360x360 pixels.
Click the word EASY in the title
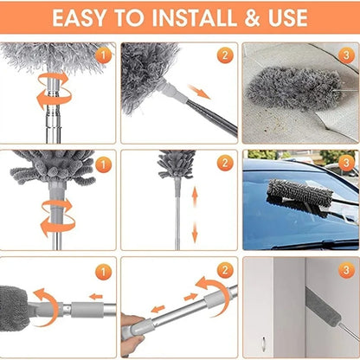point(85,17)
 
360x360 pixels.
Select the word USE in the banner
point(280,17)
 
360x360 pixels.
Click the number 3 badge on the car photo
point(344,163)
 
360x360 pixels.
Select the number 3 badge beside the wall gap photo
point(344,270)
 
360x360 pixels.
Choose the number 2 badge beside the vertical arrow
point(223,163)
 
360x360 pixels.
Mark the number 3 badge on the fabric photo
point(344,56)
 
